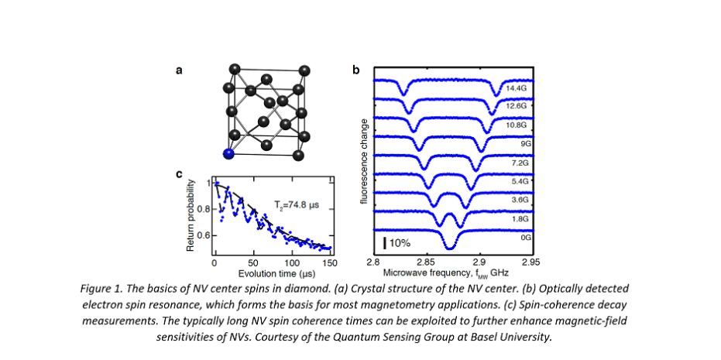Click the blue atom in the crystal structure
(228, 153)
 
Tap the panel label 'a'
(179, 70)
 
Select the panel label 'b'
(355, 70)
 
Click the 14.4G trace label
(516, 89)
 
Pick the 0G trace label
(526, 238)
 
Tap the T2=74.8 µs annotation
(297, 205)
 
